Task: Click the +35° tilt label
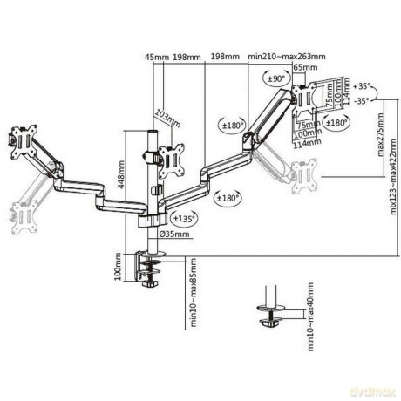(364, 86)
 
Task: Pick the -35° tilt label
(364, 100)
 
